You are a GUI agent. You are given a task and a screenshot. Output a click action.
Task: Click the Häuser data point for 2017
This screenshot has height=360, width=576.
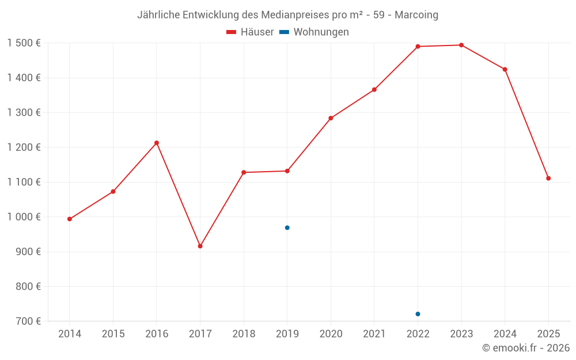pyautogui.click(x=200, y=246)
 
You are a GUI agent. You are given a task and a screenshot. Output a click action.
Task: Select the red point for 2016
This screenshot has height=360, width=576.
pyautogui.click(x=157, y=143)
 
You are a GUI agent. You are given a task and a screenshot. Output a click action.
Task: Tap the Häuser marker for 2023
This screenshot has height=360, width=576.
pyautogui.click(x=461, y=45)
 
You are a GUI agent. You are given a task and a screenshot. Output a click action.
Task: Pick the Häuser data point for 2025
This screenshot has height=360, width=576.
pyautogui.click(x=548, y=179)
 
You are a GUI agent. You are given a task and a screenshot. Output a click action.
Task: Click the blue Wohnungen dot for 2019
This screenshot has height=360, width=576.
pyautogui.click(x=287, y=228)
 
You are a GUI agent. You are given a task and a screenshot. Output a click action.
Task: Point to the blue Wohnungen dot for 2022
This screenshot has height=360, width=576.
pyautogui.click(x=418, y=314)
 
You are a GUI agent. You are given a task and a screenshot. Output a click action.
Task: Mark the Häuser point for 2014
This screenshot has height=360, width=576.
pyautogui.click(x=70, y=219)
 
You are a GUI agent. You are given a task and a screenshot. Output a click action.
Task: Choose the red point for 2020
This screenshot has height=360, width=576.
pyautogui.click(x=331, y=118)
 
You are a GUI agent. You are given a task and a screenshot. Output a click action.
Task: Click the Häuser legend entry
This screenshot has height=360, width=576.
pyautogui.click(x=251, y=32)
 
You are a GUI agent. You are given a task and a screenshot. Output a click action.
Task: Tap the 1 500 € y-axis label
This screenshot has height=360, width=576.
pyautogui.click(x=24, y=43)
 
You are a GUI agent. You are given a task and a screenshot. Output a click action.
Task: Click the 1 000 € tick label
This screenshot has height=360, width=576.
pyautogui.click(x=24, y=217)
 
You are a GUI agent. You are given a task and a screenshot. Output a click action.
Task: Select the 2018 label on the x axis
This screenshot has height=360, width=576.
pyautogui.click(x=244, y=334)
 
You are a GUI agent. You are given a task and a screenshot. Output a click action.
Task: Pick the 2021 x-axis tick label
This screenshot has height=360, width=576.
pyautogui.click(x=374, y=334)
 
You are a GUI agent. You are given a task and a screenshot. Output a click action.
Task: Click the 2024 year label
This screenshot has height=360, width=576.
pyautogui.click(x=505, y=334)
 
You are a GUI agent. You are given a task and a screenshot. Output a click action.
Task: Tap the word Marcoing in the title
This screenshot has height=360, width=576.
pyautogui.click(x=416, y=14)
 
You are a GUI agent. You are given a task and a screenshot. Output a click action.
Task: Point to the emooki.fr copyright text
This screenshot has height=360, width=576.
pyautogui.click(x=526, y=348)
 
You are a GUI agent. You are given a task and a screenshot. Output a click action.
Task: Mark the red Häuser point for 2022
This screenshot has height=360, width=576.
pyautogui.click(x=418, y=47)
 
